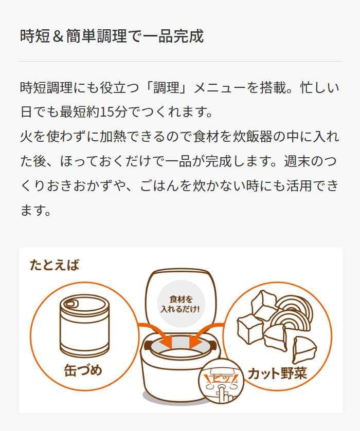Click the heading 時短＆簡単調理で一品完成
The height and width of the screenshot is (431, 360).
[x=112, y=36]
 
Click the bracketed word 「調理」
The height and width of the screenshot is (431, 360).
[x=166, y=87]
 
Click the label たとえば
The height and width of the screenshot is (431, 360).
[x=55, y=265]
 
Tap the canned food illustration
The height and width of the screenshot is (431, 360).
[x=85, y=326]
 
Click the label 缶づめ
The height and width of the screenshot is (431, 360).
[x=83, y=370]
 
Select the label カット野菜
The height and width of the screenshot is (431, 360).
[x=277, y=373]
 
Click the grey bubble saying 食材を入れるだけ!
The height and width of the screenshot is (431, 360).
[x=181, y=304]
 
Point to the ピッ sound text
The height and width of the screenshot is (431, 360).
[x=221, y=379]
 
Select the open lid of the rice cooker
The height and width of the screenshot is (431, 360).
[x=181, y=301]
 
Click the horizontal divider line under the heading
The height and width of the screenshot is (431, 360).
[x=181, y=61]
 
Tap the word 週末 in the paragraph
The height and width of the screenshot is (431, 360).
[x=297, y=161]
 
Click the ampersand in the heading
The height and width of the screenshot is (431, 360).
[x=58, y=36]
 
